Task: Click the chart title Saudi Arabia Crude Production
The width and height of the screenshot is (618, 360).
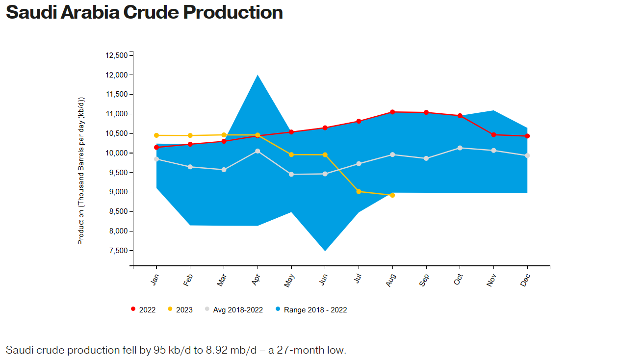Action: coord(144,12)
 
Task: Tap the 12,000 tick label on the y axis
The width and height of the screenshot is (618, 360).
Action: coord(116,75)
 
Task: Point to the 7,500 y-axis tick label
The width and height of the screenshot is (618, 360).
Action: coord(118,251)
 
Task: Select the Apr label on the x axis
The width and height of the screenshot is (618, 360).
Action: coord(257,280)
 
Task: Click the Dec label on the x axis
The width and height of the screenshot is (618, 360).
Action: coord(525,280)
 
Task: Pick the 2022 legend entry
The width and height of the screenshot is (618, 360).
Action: coord(143,309)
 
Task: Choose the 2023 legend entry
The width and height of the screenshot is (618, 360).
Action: coord(180,309)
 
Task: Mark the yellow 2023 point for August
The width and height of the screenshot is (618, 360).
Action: coord(392,195)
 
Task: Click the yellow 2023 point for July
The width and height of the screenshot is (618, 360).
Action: coord(359,192)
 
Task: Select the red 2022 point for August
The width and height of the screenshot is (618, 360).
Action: coord(392,112)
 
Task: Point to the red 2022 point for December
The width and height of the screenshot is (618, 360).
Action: coord(527,136)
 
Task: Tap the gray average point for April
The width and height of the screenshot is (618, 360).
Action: coord(257,151)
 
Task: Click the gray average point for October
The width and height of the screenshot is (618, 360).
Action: coord(460,148)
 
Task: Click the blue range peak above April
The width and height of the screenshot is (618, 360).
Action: coord(257,76)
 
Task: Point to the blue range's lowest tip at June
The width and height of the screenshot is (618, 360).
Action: coord(325,250)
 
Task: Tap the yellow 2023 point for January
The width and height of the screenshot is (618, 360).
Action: coord(156,135)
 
